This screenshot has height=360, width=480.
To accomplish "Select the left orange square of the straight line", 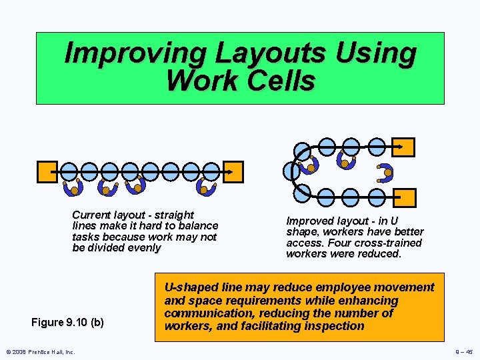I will pos(47,171).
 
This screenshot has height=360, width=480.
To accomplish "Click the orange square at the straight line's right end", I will pos(233,171).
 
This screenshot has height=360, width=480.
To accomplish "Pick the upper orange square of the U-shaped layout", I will pos(403,147).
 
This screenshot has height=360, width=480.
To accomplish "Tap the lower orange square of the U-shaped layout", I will pos(405,197).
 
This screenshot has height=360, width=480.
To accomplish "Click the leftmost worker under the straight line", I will pos(73,188).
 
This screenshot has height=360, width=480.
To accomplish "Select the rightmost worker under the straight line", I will pos(207,188).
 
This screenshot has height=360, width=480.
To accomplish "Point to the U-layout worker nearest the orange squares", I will pos(385,173).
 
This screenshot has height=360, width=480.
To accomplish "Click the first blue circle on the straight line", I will pos(69,171).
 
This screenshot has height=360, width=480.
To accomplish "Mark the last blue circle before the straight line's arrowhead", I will pos(210,171).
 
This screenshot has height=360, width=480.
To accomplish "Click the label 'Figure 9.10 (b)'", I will pos(67,323).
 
